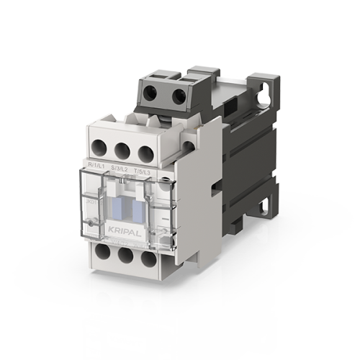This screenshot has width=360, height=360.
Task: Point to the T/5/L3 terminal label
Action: point(143,171)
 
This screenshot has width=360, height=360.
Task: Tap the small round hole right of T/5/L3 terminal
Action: point(188,147)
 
